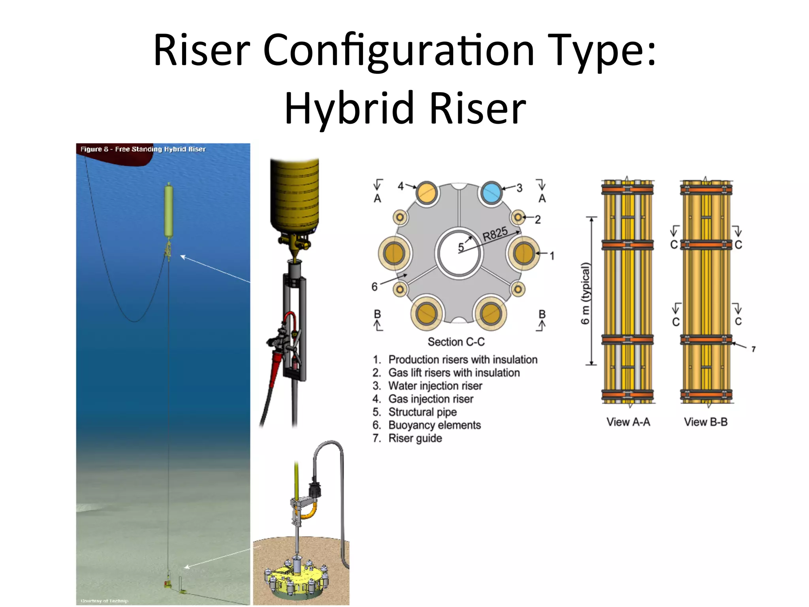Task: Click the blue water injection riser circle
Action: [491, 193]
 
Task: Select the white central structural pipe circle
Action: [458, 253]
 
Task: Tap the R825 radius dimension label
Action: [495, 234]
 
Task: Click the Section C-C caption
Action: [456, 342]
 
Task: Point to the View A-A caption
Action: [628, 422]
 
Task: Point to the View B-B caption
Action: [706, 422]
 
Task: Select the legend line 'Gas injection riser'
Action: [431, 399]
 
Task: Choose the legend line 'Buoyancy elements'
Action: [435, 425]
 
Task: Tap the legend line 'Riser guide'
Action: [415, 438]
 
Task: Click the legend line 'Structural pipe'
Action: [422, 412]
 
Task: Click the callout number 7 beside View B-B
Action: [753, 349]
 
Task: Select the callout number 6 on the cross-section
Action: [374, 287]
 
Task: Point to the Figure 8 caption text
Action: [143, 149]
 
